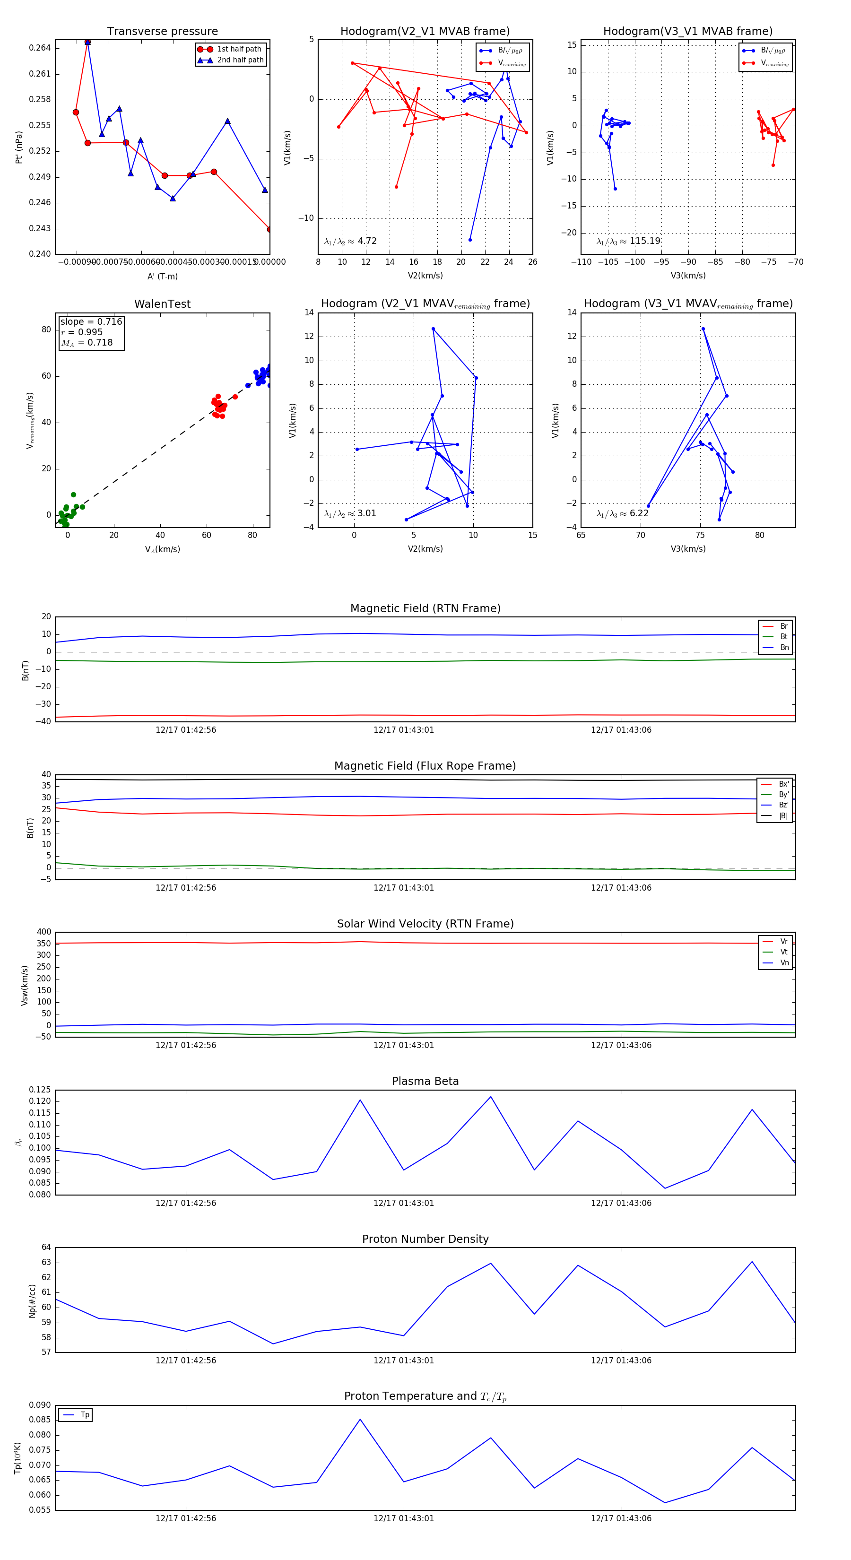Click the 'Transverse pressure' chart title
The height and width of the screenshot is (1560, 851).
(162, 32)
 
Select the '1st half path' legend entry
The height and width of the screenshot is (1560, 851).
(239, 49)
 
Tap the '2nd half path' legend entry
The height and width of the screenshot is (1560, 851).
(240, 60)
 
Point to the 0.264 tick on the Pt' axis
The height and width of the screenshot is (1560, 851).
(41, 48)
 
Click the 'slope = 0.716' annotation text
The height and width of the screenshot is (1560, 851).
(91, 321)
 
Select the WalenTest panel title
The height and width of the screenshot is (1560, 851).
(162, 304)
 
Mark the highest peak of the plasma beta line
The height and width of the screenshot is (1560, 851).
(491, 1097)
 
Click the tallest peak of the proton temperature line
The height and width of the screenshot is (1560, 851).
(360, 1419)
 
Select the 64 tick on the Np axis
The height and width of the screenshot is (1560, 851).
(46, 1248)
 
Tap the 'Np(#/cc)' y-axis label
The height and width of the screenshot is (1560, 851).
(32, 1301)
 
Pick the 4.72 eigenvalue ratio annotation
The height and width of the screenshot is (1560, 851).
(366, 241)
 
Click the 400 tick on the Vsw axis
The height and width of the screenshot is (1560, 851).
(43, 932)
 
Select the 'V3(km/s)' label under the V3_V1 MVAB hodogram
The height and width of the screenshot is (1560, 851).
(687, 276)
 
